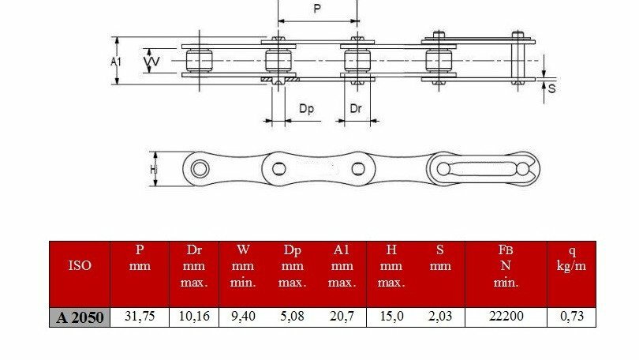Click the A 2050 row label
[80, 317]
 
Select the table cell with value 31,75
[140, 316]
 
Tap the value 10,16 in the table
[194, 316]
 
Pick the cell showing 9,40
[243, 316]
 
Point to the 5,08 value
[292, 316]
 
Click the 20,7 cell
[342, 316]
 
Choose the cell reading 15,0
[391, 316]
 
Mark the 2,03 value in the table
[440, 316]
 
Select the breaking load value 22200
[506, 316]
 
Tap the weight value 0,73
[572, 316]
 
